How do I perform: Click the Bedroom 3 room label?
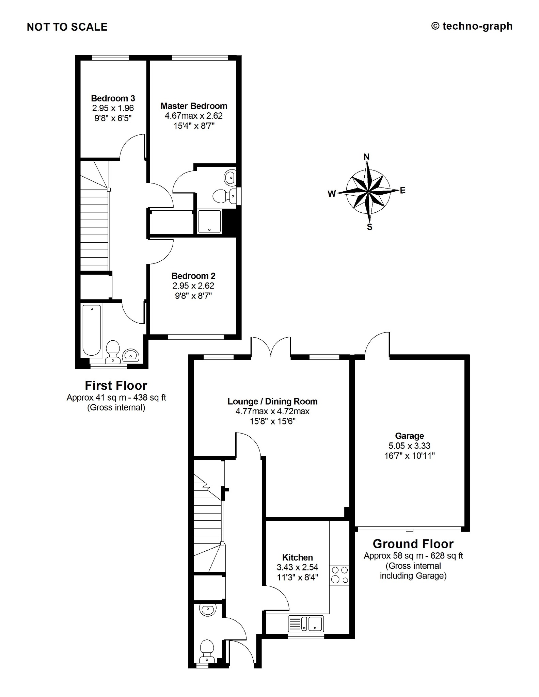click(113, 98)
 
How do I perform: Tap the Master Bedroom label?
click(194, 106)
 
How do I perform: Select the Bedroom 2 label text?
click(193, 276)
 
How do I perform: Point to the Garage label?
click(409, 436)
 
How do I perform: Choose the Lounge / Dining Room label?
click(272, 402)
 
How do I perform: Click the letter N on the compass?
click(367, 157)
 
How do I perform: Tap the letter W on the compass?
click(332, 194)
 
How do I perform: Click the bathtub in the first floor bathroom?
click(92, 330)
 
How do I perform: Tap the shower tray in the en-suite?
click(209, 222)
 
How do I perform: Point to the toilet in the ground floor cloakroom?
click(206, 652)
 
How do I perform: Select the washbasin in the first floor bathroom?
click(131, 355)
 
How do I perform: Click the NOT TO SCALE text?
click(67, 27)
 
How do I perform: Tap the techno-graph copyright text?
click(472, 26)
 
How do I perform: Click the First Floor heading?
click(116, 386)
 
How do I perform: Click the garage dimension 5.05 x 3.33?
click(409, 446)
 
